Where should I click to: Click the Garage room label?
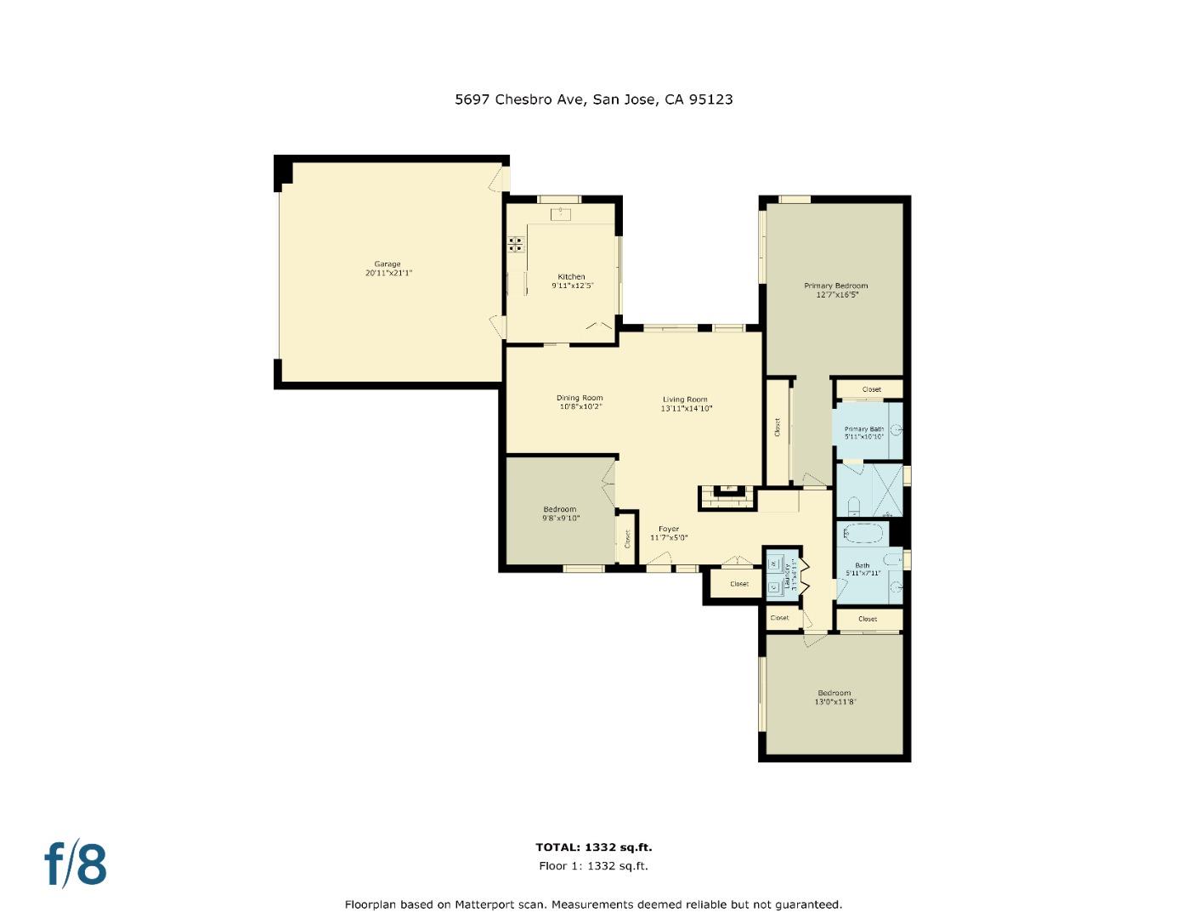tap(388, 264)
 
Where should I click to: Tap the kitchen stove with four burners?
tap(516, 245)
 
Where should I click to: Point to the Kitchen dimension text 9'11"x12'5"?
tap(572, 286)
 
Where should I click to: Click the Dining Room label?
tap(580, 398)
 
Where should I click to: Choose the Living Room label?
tap(685, 399)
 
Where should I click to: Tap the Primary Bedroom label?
tap(836, 286)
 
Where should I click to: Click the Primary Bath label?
tap(863, 429)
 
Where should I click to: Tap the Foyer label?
tap(669, 530)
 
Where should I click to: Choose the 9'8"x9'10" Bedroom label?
tap(560, 510)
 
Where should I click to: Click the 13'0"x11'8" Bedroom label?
tap(834, 693)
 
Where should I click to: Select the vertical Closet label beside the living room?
tap(778, 428)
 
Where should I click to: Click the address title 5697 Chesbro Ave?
tap(593, 99)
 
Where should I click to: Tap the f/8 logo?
tap(76, 864)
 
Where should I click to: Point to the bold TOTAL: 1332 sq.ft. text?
tap(593, 847)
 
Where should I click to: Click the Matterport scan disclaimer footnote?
tap(593, 904)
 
